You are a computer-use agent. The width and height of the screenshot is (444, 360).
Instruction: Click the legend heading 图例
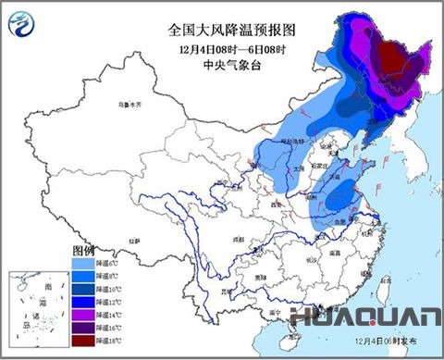(84, 251)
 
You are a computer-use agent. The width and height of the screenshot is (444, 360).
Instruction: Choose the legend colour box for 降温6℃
(82, 262)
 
